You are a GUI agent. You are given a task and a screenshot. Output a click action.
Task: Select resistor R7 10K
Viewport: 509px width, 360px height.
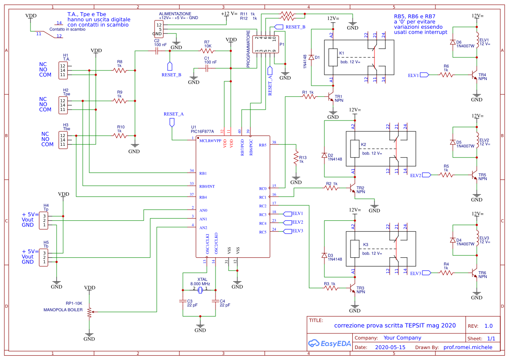pos(207,51)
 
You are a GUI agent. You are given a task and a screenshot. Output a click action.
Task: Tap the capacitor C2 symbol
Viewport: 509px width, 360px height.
pos(156,51)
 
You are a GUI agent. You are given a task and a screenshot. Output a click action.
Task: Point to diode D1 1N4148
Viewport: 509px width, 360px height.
pos(312,57)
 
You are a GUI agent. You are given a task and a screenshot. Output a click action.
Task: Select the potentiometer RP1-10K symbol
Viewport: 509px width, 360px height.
pos(89,312)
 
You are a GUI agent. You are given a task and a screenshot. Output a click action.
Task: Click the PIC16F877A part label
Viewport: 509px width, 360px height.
pos(202,131)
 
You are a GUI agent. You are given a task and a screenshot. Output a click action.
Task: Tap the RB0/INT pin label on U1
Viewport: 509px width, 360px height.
pos(207,186)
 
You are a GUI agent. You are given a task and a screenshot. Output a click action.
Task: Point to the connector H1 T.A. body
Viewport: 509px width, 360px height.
pos(63,70)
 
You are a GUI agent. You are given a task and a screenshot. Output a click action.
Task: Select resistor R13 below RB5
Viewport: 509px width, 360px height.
pos(296,158)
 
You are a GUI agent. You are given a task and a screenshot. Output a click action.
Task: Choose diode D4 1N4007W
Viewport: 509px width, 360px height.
pos(453,240)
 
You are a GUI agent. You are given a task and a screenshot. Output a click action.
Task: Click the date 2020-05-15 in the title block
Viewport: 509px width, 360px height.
pos(390,347)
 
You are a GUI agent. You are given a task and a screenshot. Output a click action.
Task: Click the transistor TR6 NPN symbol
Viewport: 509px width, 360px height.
pos(475,273)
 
